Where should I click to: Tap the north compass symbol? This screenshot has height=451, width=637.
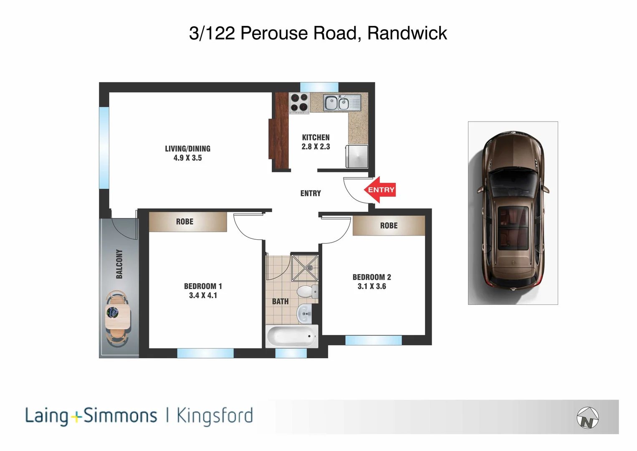point(587,418)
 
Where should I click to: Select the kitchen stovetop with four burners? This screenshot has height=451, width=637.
point(299,102)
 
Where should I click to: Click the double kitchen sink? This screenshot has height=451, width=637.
point(338,103)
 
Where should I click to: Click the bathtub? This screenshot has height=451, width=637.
point(291,336)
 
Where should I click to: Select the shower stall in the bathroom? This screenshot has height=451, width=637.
point(304,267)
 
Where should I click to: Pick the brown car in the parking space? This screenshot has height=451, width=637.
point(513,213)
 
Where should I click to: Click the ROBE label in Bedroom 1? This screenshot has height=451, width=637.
point(185,222)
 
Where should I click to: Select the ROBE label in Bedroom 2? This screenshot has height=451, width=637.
point(389,225)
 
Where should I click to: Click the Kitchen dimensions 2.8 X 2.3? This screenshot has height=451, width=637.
point(316,147)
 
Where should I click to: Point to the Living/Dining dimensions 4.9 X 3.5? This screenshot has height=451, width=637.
point(187,158)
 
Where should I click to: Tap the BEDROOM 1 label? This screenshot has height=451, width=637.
point(203,286)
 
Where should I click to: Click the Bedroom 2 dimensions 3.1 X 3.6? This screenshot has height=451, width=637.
point(372,286)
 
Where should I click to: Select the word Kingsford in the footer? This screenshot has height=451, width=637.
point(215,416)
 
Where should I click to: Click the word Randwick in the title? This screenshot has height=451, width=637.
point(407,33)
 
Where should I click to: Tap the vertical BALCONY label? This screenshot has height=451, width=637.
point(119,264)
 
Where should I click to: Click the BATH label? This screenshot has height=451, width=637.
point(280,302)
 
